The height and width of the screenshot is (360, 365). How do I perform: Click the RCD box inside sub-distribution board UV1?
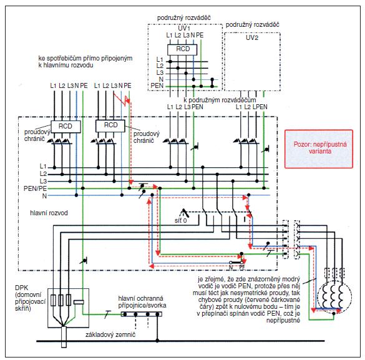click(182, 49)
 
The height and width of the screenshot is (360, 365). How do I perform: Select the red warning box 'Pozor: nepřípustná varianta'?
click(319, 149)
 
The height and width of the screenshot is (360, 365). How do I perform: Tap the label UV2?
click(252, 37)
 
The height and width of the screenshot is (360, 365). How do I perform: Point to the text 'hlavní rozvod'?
click(49, 213)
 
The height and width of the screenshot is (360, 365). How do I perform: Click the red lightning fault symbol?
click(122, 99)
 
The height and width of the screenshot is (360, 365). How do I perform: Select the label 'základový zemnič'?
click(110, 334)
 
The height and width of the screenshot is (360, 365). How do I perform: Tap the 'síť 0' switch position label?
click(181, 220)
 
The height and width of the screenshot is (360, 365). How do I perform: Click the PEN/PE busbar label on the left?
click(35, 188)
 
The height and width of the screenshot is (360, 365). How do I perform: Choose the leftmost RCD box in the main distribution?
click(66, 127)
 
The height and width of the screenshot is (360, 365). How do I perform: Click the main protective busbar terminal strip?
click(141, 314)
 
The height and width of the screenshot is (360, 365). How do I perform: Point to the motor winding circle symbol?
click(334, 298)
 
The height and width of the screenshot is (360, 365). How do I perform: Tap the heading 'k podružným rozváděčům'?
click(220, 100)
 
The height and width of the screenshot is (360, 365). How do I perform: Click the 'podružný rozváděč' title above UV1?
click(184, 17)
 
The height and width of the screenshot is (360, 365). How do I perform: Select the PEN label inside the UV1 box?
click(157, 85)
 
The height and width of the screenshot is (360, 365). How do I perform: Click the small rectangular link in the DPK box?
click(79, 302)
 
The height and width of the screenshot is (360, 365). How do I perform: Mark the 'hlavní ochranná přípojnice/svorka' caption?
click(142, 302)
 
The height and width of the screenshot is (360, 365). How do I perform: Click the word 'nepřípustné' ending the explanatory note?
click(283, 321)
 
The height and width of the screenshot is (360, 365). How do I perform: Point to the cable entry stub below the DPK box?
click(64, 337)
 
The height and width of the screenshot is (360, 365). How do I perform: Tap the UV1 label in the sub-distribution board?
click(184, 29)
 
